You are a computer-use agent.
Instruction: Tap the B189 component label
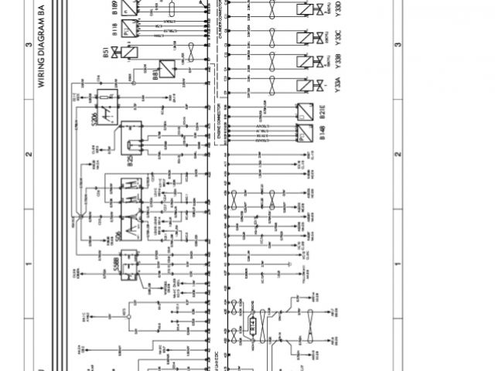coord(115,10)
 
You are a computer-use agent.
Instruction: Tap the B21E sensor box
coord(304,111)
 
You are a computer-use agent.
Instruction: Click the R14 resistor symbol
coord(253,325)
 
